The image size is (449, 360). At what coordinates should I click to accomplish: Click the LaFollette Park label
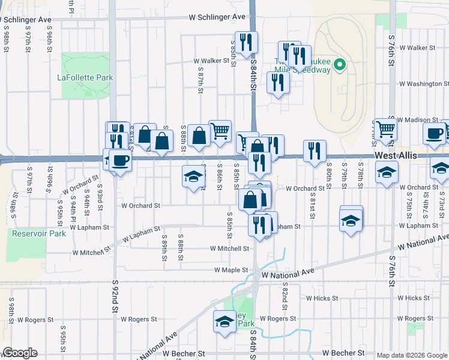point(85,77)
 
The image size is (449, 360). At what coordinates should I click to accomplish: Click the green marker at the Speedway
point(339,64)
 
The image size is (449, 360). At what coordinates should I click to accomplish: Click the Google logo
point(20,353)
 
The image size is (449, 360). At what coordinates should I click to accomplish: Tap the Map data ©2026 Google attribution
point(412,355)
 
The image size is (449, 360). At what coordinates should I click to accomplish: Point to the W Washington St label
point(420,84)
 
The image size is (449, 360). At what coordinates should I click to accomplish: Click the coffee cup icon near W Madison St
point(434,133)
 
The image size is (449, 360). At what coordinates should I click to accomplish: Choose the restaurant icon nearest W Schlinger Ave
point(246,42)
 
